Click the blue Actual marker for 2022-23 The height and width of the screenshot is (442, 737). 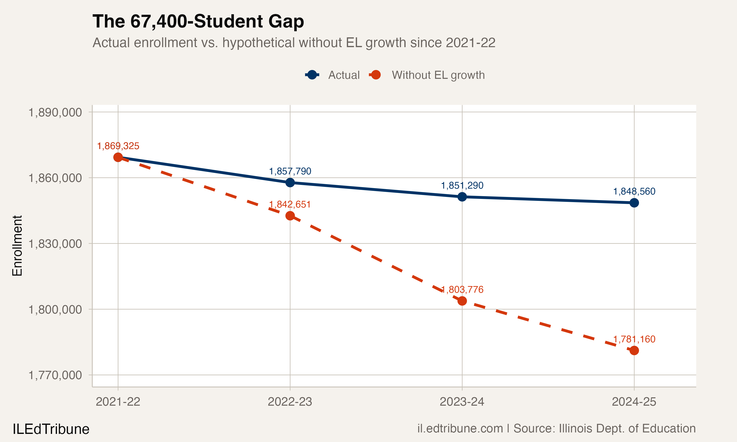(x=290, y=183)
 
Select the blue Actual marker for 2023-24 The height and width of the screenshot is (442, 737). (x=462, y=197)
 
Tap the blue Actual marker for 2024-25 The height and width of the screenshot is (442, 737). (x=634, y=203)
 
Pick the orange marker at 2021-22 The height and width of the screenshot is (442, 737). (x=118, y=157)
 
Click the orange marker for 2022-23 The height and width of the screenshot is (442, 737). (x=290, y=216)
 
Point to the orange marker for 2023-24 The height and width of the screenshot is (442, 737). (x=462, y=301)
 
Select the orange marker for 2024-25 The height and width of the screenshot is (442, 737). (x=634, y=351)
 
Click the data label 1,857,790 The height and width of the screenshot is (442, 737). (x=290, y=171)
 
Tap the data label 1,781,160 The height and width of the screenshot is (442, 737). (x=634, y=339)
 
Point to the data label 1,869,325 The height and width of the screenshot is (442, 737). (x=118, y=146)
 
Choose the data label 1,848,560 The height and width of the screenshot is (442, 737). (x=634, y=191)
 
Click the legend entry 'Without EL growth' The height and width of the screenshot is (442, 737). (x=438, y=75)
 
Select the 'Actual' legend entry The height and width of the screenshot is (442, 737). (x=344, y=75)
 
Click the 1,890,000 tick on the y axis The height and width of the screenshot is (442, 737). (x=55, y=112)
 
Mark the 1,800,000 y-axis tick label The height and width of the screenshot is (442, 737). (x=55, y=309)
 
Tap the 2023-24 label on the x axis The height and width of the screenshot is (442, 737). (x=462, y=402)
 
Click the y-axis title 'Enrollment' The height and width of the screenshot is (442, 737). (x=17, y=246)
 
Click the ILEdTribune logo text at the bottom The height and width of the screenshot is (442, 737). (x=51, y=429)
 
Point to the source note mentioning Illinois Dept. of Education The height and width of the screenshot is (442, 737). (x=556, y=428)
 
